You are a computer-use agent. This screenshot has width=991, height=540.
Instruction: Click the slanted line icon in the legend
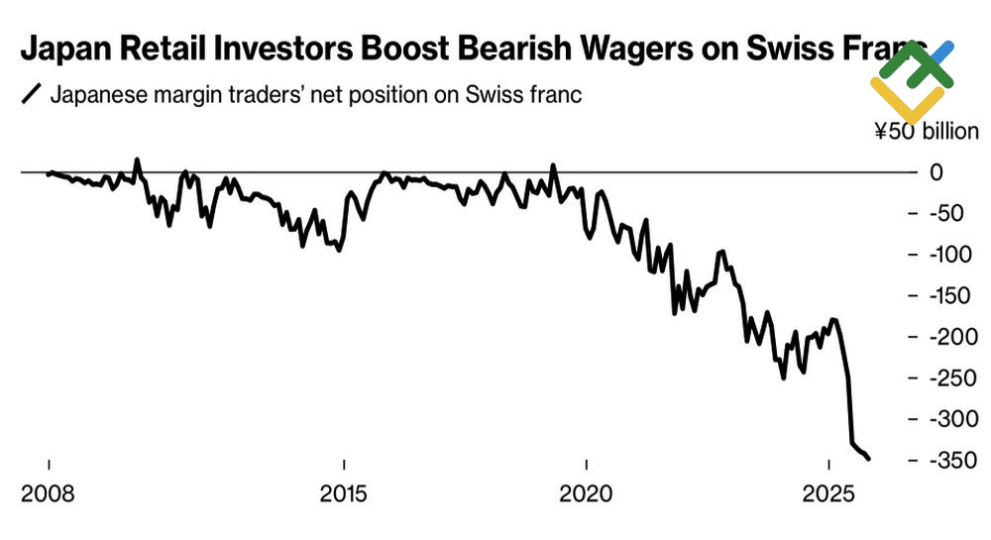pyautogui.click(x=31, y=96)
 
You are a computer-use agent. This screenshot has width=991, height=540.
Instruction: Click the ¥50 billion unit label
pyautogui.click(x=926, y=132)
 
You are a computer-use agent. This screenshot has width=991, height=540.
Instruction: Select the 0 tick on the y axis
pyautogui.click(x=936, y=172)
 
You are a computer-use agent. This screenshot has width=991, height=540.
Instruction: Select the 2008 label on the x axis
pyautogui.click(x=48, y=492)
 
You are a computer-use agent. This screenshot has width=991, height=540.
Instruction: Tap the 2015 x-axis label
pyautogui.click(x=343, y=492)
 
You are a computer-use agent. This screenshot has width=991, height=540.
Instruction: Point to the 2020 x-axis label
pyautogui.click(x=586, y=492)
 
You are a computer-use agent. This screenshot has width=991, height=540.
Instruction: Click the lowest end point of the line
pyautogui.click(x=869, y=459)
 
